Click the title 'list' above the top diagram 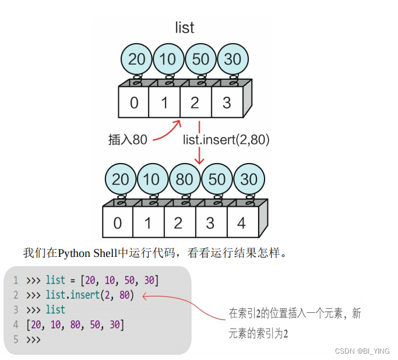click(185, 27)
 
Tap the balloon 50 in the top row click(200, 59)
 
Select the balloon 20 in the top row click(136, 59)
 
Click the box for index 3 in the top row click(226, 103)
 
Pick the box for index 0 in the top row click(134, 103)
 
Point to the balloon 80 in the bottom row click(185, 179)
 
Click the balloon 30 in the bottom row click(249, 179)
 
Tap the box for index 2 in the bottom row click(178, 223)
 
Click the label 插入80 click(128, 140)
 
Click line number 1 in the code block click(16, 281)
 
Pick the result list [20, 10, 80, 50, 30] click(75, 324)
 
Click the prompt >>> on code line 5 click(33, 339)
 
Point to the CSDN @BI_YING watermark click(362, 351)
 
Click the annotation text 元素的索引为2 click(258, 334)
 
